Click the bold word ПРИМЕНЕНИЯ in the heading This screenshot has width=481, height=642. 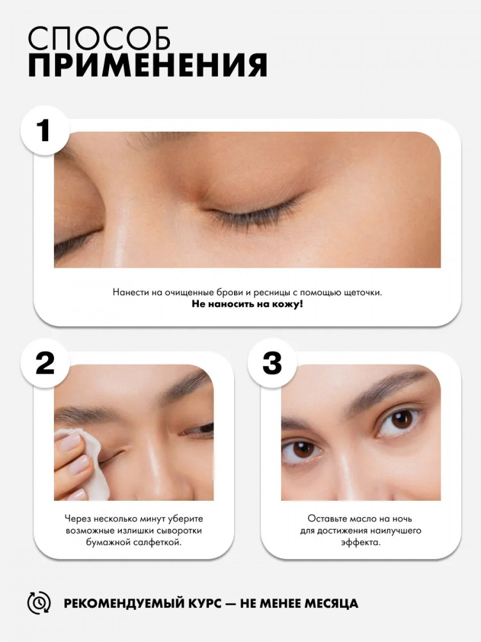tap(148, 65)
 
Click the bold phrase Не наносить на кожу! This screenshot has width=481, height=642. tap(248, 304)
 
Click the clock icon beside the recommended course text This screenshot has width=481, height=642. tap(39, 603)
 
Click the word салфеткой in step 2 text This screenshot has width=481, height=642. tap(157, 542)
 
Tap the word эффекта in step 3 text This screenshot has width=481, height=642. tap(360, 542)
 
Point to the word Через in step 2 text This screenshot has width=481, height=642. tap(78, 519)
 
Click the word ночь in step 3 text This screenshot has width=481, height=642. tap(401, 519)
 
